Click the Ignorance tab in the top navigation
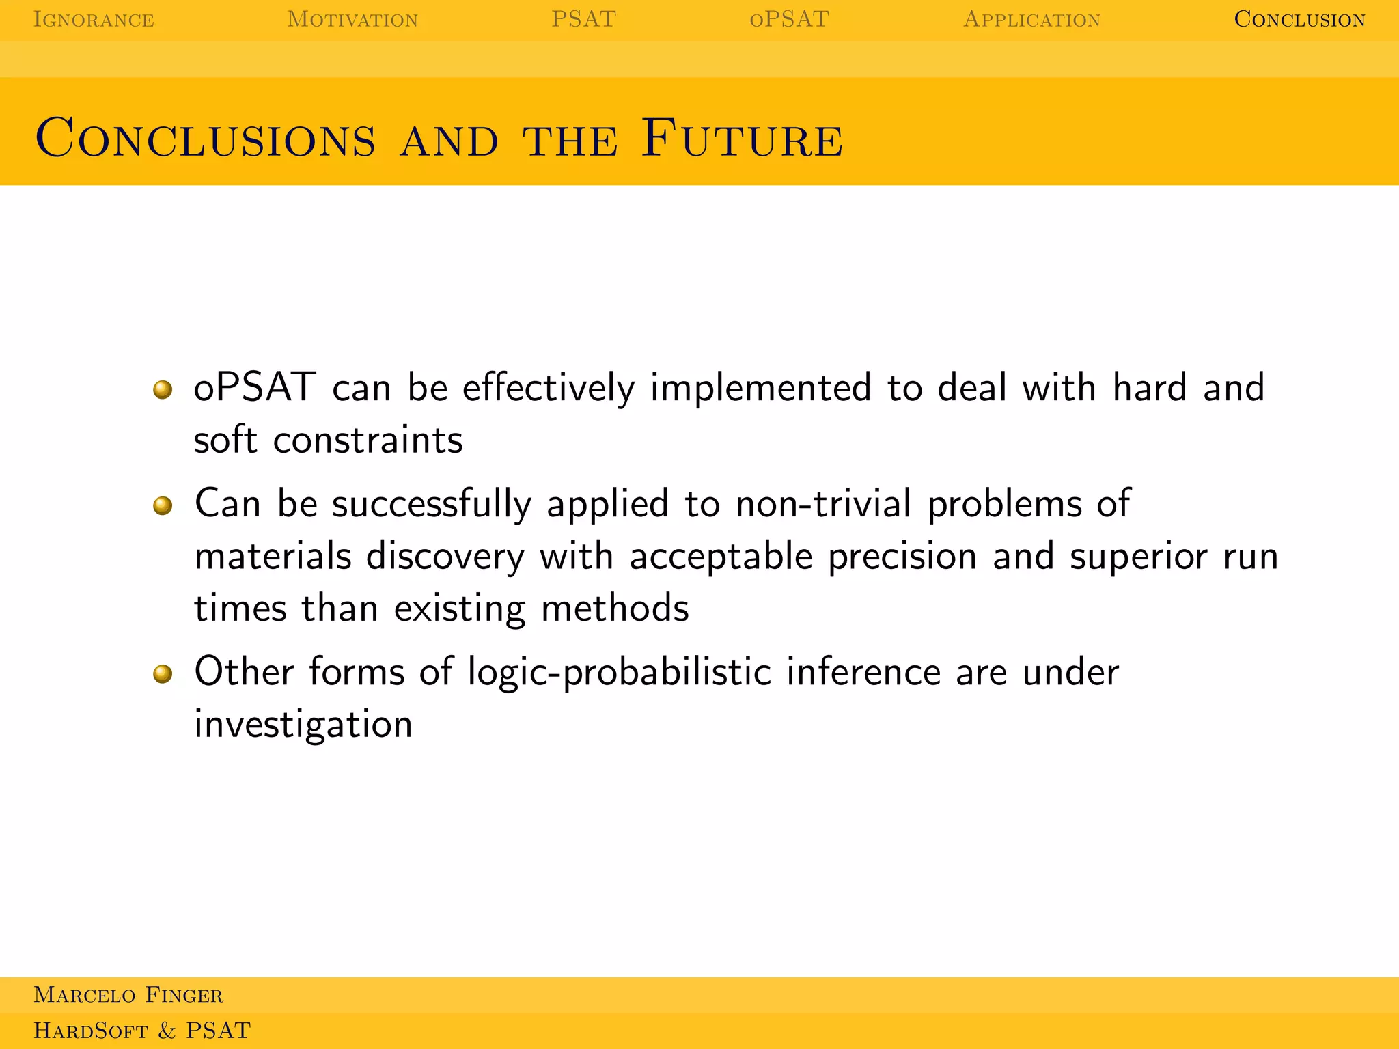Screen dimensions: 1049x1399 coord(94,19)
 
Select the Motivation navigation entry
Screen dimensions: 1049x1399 coord(352,19)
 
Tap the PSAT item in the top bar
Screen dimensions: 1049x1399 coord(583,19)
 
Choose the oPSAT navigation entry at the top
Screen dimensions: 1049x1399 coord(789,19)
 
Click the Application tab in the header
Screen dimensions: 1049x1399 coord(1031,19)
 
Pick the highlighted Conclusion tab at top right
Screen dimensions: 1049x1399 coord(1299,19)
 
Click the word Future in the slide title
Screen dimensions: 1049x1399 coord(743,139)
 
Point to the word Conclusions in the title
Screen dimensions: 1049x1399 coord(206,139)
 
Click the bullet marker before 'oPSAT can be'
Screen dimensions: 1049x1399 coord(163,389)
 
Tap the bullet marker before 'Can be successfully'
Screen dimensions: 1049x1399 coord(163,505)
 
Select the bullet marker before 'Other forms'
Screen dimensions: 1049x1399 coord(163,674)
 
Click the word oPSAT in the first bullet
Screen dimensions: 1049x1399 coord(255,387)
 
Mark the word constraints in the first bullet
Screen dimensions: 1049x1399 coord(368,440)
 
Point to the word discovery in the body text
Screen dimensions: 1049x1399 coord(445,557)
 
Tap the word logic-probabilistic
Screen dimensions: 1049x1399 coord(619,673)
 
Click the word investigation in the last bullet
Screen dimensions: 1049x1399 coord(303,725)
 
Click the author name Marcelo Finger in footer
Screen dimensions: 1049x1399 coord(128,995)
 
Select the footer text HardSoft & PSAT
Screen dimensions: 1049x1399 coord(142,1031)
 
